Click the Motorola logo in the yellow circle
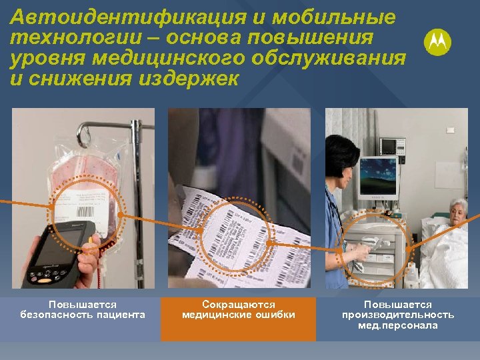click(437, 43)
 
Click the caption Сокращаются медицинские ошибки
click(238, 310)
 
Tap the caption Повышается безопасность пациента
click(83, 310)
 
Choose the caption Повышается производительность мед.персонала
click(398, 315)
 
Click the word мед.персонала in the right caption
click(398, 325)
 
